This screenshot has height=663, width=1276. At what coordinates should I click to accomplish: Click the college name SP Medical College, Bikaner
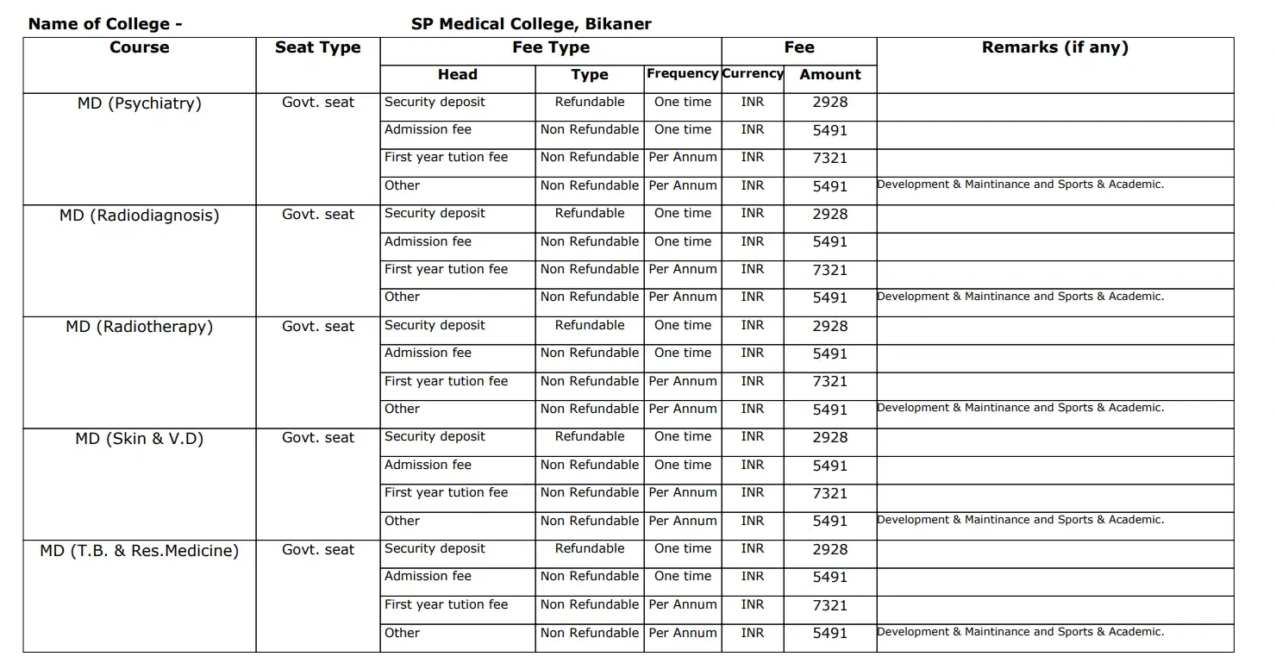[x=531, y=23]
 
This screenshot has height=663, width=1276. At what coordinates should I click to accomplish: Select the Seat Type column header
[x=317, y=47]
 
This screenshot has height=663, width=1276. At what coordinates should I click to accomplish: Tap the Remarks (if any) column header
[x=1054, y=47]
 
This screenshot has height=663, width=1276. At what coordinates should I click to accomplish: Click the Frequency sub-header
[x=682, y=74]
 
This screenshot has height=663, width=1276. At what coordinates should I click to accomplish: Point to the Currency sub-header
[x=752, y=74]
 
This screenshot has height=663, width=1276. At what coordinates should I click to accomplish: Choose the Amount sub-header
[x=829, y=75]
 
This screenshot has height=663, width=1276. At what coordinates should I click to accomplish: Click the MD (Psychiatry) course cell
[x=139, y=103]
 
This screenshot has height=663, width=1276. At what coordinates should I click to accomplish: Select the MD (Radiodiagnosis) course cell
[x=139, y=216]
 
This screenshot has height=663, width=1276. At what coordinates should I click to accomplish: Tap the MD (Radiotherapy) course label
[x=139, y=327]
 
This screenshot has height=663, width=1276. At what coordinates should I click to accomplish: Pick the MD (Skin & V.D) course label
[x=139, y=439]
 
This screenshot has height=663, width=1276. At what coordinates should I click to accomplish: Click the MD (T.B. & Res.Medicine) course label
[x=139, y=550]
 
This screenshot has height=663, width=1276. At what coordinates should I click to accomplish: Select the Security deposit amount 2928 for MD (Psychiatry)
[x=829, y=103]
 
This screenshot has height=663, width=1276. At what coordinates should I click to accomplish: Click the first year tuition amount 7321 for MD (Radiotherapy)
[x=829, y=382]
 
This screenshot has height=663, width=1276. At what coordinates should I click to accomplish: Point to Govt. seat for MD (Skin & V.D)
[x=317, y=438]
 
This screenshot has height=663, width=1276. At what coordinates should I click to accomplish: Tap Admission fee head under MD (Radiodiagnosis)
[x=428, y=241]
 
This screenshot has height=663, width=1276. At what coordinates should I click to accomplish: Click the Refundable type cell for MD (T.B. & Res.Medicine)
[x=590, y=548]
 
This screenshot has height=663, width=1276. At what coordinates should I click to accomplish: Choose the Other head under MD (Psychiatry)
[x=402, y=185]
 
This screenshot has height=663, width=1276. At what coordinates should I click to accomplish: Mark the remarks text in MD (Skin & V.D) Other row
[x=1020, y=520]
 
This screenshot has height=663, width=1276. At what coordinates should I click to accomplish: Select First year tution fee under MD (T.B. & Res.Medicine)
[x=446, y=604]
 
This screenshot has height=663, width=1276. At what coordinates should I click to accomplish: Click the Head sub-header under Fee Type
[x=457, y=75]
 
